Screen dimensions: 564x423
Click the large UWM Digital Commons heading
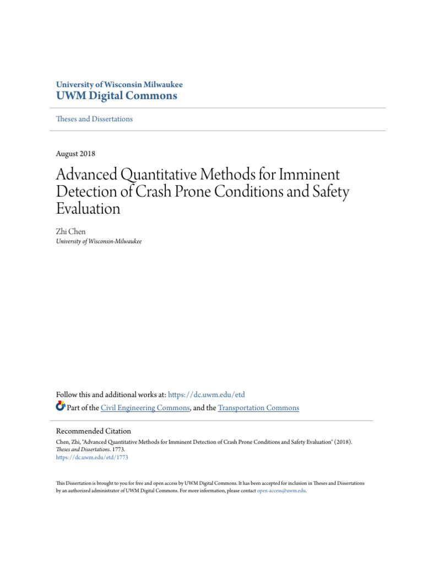(x=117, y=96)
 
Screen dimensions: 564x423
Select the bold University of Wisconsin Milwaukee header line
(x=120, y=85)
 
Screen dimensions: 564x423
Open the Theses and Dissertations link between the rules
(x=94, y=119)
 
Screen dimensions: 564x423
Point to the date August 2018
(x=75, y=154)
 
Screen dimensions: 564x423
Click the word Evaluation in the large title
(x=88, y=209)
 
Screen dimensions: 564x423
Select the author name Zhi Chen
(x=71, y=232)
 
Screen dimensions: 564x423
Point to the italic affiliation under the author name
(x=99, y=241)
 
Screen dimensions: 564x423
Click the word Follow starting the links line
(x=68, y=395)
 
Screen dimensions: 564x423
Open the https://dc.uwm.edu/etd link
(x=206, y=395)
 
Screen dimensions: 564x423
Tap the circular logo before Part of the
(x=61, y=408)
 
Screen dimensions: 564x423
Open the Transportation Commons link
(x=258, y=408)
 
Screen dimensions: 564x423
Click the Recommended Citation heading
(x=94, y=431)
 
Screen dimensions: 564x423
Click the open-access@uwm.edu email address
(x=281, y=490)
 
